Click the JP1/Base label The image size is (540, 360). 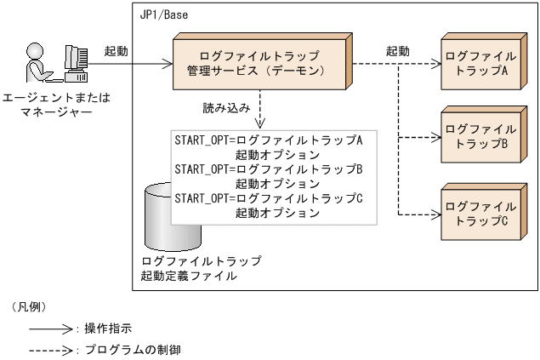pos(164,14)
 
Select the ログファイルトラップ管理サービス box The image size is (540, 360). pos(259,62)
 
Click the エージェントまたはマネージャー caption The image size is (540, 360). pos(54,106)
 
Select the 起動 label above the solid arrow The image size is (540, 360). pos(116,51)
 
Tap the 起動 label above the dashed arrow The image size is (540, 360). pos(397,51)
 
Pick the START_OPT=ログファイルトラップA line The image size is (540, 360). pos(269,139)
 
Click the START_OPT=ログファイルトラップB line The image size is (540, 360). pos(269,169)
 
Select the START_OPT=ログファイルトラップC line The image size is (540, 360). pos(269,198)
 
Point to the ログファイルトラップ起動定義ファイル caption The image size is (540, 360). pos(201,268)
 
